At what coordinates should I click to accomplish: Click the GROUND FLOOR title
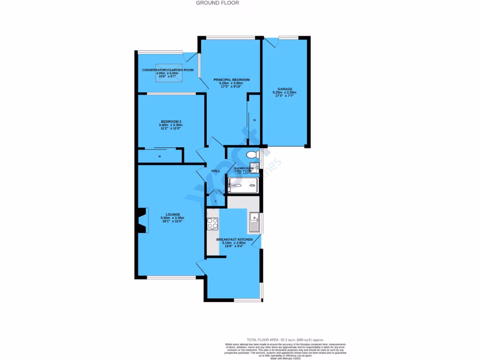(x=217, y=3)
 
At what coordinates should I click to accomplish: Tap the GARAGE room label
(x=285, y=89)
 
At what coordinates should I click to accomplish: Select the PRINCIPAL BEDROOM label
(x=232, y=80)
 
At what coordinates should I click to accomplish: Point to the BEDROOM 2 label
(x=171, y=121)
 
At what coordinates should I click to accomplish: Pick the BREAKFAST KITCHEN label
(x=234, y=240)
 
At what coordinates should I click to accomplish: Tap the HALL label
(x=216, y=171)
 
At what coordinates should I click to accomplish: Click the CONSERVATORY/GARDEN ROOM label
(x=168, y=70)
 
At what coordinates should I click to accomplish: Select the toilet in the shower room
(x=252, y=155)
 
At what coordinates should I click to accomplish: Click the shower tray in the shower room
(x=242, y=186)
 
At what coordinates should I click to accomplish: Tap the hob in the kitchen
(x=212, y=224)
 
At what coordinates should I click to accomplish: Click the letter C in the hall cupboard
(x=216, y=202)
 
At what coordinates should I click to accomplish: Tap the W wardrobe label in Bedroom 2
(x=160, y=156)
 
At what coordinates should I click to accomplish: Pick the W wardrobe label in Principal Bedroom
(x=255, y=120)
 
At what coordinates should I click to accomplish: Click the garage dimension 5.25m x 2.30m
(x=285, y=93)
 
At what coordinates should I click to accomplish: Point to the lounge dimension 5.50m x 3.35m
(x=172, y=218)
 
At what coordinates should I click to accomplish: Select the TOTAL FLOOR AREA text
(x=285, y=339)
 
